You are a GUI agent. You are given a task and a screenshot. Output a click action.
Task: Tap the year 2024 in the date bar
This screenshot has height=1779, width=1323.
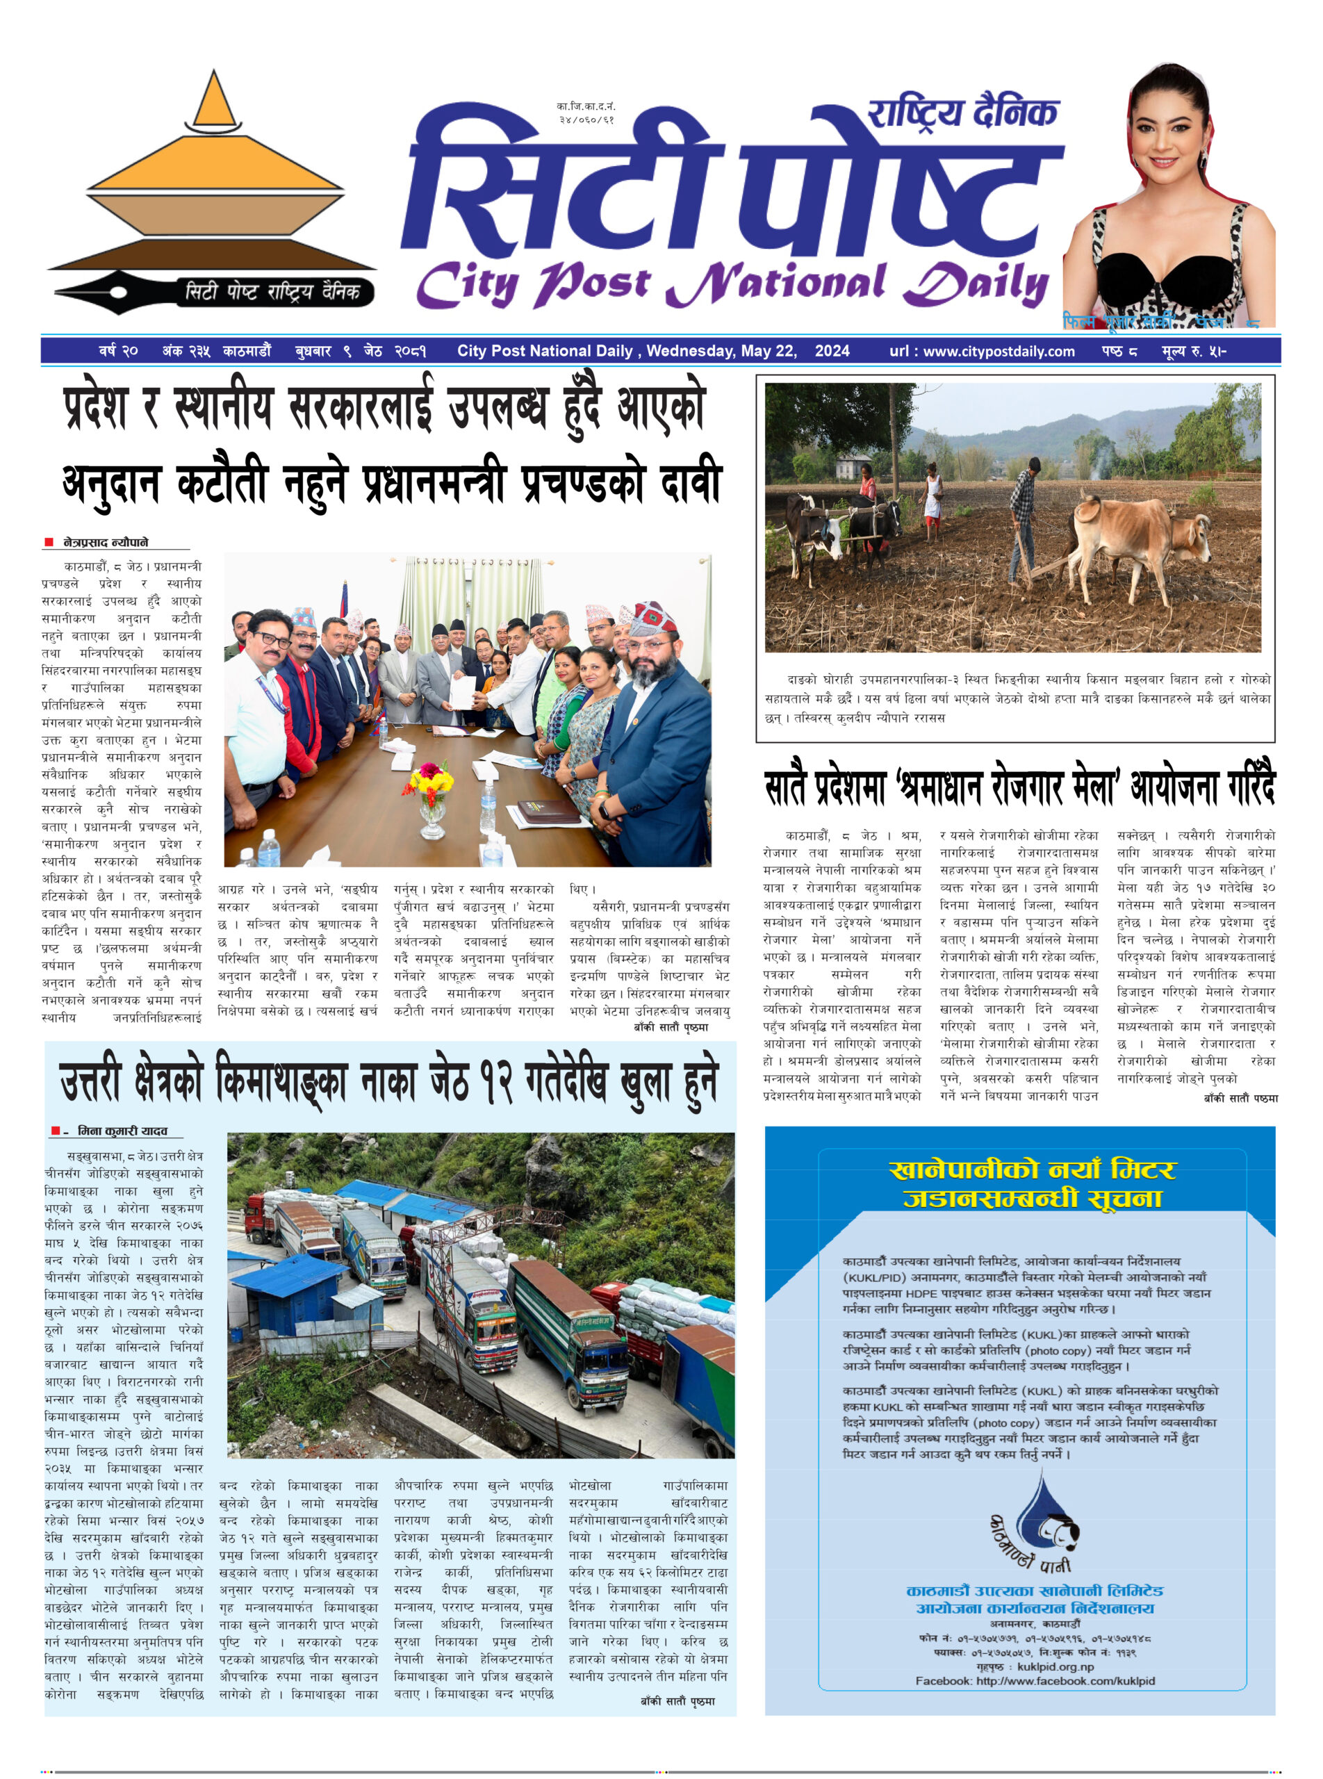click(x=832, y=351)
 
